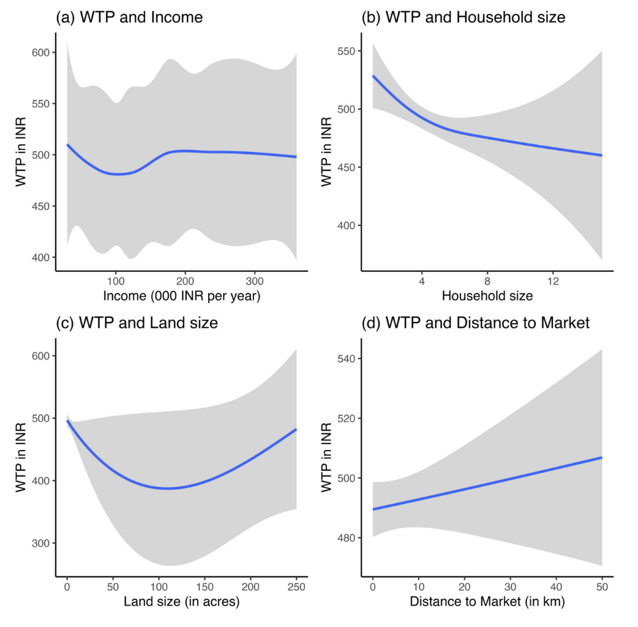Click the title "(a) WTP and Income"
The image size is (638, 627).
(129, 18)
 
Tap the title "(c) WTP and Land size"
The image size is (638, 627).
(136, 323)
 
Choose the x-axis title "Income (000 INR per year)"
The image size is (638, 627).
(182, 297)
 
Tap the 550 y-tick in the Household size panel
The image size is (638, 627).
(348, 51)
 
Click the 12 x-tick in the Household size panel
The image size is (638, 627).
(552, 281)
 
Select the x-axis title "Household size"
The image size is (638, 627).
(487, 297)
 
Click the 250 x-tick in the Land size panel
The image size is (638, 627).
(296, 587)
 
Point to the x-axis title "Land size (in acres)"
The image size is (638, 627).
(181, 603)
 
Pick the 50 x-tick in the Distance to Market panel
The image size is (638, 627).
(602, 587)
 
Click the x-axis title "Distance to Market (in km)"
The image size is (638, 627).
(487, 603)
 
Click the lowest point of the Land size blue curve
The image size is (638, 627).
(167, 488)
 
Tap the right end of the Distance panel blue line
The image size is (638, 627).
(602, 457)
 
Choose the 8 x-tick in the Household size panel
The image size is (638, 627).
(487, 281)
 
